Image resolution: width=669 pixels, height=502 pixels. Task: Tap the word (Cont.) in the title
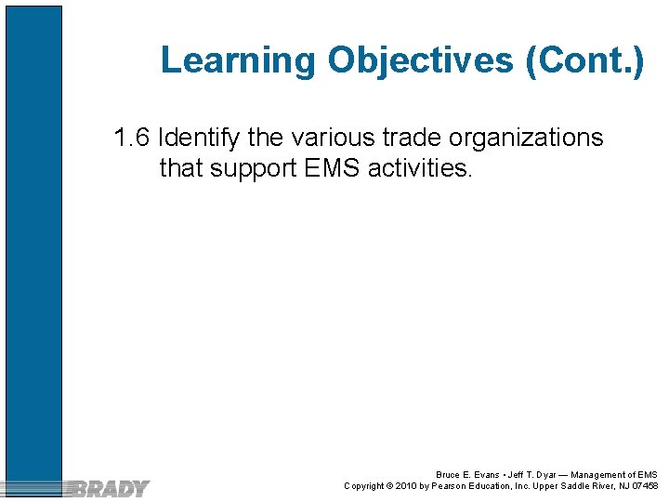point(584,60)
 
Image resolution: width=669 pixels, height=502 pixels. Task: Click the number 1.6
point(131,139)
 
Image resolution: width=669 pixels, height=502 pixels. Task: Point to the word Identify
point(200,139)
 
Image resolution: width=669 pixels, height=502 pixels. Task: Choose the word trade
point(412,139)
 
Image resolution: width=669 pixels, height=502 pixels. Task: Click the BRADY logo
point(110,487)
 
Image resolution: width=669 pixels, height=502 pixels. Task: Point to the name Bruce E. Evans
point(466,475)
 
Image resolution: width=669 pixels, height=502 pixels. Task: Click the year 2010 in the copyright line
point(407,486)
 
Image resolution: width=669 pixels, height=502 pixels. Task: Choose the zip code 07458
point(643,486)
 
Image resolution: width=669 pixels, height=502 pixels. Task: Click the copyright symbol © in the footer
point(389,486)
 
